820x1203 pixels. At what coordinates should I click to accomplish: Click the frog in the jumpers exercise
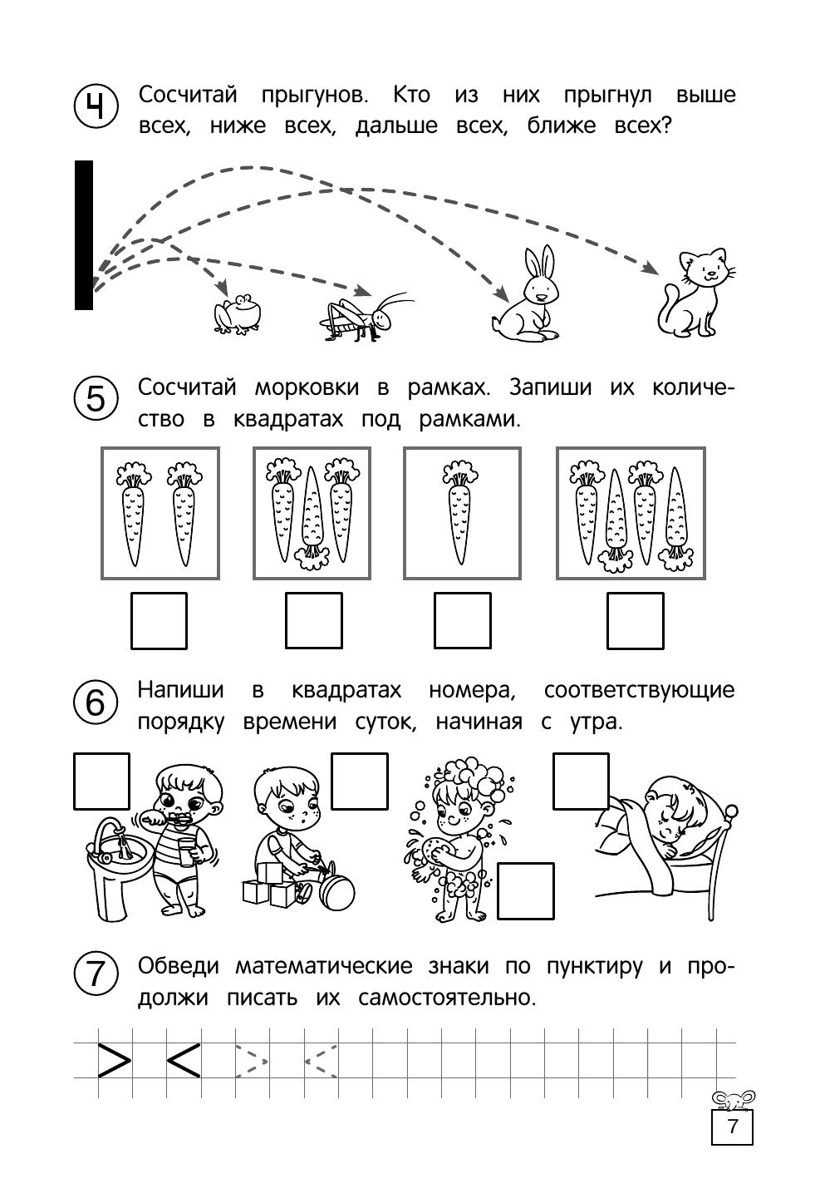tap(238, 315)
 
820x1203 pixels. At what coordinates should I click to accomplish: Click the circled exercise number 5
tap(96, 400)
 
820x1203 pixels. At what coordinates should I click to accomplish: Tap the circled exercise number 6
tap(96, 703)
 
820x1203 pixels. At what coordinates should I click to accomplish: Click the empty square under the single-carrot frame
tap(462, 620)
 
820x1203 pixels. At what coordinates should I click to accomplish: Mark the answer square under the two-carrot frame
tap(159, 620)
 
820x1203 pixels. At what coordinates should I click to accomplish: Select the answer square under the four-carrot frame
tap(635, 620)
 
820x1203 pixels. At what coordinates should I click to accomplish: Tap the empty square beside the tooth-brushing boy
tap(102, 781)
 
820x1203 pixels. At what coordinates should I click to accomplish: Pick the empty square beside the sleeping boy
tap(581, 781)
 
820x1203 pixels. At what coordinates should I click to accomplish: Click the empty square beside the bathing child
tap(525, 890)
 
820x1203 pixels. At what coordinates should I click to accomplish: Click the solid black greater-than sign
tap(115, 1059)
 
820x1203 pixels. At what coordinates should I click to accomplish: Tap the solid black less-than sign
tap(184, 1059)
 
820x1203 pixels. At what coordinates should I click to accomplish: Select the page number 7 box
tap(731, 1127)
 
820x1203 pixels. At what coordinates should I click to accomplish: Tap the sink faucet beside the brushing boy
tap(106, 831)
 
